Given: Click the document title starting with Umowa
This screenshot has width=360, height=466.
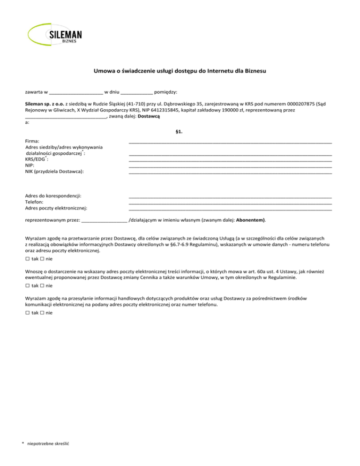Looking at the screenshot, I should [180, 72].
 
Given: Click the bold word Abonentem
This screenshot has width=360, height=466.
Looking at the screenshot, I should [251, 220].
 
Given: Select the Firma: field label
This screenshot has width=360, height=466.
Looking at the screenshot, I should [32, 141].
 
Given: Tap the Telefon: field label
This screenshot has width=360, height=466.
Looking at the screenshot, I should [35, 202].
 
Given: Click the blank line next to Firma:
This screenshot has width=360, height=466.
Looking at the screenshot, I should [230, 142].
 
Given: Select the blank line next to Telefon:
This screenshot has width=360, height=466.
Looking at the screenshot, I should [230, 202].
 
